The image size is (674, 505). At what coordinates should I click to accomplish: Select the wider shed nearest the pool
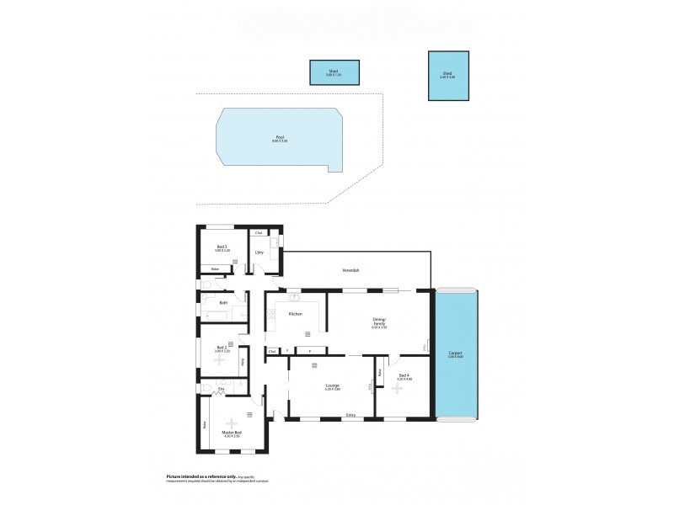[x=334, y=72]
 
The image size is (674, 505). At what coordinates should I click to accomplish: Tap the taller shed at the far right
[x=447, y=77]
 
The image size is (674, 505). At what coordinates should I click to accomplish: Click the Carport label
[x=455, y=354]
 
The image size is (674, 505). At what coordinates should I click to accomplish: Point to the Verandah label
[x=351, y=270]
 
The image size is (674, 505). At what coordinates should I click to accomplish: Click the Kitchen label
[x=295, y=314]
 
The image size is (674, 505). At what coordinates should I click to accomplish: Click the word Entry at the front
[x=350, y=415]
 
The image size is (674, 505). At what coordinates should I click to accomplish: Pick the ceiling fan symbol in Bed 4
[x=397, y=390]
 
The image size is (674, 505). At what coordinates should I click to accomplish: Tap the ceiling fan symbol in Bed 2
[x=220, y=359]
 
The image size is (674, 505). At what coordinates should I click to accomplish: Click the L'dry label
[x=261, y=252]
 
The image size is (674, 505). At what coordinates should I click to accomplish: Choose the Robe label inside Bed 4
[x=381, y=371]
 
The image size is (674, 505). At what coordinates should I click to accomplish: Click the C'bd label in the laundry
[x=259, y=232]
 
